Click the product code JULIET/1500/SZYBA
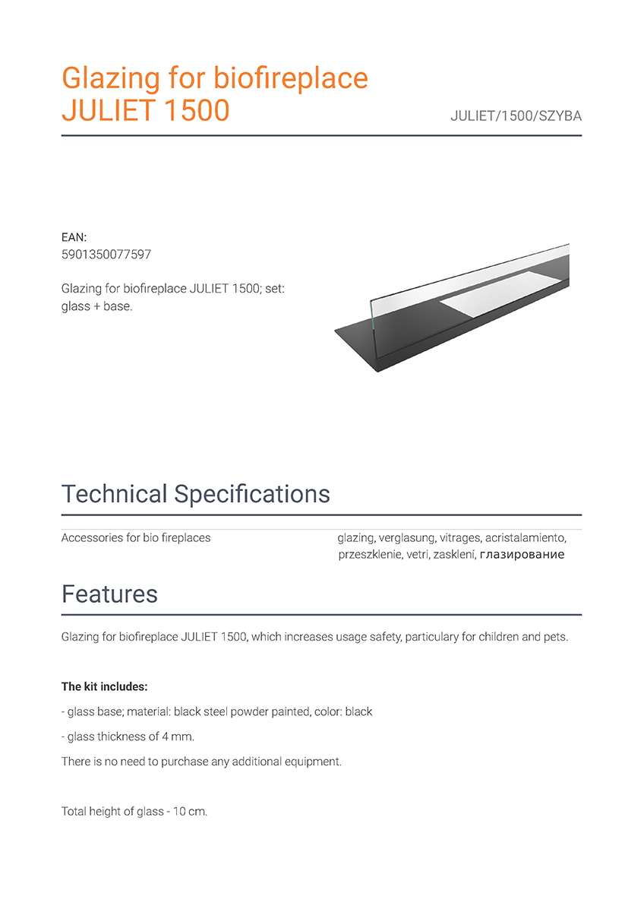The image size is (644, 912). point(516,117)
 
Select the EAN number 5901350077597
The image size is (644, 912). point(106,255)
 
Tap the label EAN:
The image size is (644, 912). point(74,238)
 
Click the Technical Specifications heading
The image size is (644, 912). point(195,494)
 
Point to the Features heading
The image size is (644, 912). point(109,594)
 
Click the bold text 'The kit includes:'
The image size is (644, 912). point(104,687)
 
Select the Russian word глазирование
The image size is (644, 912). point(522,555)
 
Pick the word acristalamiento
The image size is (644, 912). point(526,538)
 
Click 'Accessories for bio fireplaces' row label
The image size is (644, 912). point(136,538)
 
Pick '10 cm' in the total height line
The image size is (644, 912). point(188,812)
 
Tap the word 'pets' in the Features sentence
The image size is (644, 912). point(554,637)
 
